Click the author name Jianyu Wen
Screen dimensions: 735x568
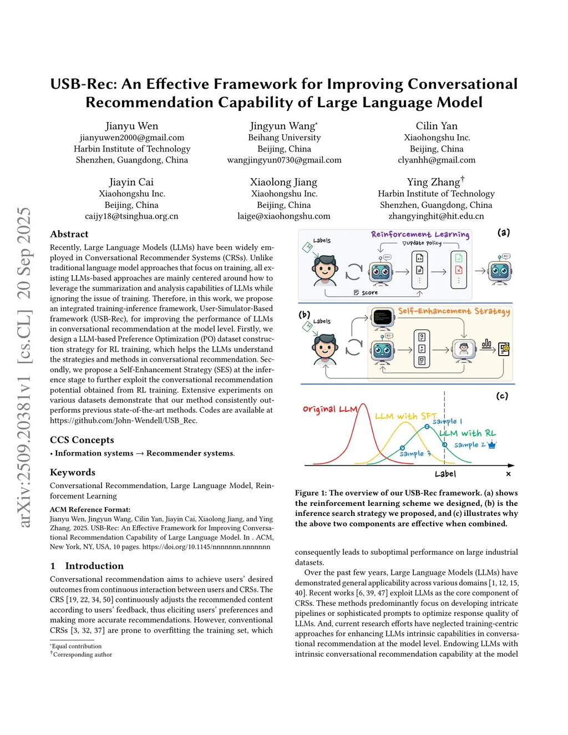[132, 126]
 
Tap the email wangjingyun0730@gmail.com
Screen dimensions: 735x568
[284, 160]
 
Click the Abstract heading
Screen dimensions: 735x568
[69, 234]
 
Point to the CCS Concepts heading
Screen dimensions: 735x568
[82, 440]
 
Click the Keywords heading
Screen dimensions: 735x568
[73, 472]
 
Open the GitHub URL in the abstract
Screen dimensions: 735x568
[124, 420]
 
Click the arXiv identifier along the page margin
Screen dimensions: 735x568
[24, 366]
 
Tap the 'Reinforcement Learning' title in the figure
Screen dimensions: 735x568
[420, 234]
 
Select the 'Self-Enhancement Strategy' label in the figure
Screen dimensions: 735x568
[454, 311]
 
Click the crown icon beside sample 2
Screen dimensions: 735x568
[492, 444]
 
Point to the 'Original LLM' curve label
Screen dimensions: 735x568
[329, 409]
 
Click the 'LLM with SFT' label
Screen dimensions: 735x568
[405, 416]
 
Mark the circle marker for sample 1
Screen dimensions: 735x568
[427, 426]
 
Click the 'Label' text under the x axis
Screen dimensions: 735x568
[445, 474]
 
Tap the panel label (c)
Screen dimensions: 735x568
[502, 396]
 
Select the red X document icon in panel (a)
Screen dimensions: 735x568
[459, 270]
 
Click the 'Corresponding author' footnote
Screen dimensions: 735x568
[83, 655]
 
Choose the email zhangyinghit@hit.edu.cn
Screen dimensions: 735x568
[436, 216]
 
